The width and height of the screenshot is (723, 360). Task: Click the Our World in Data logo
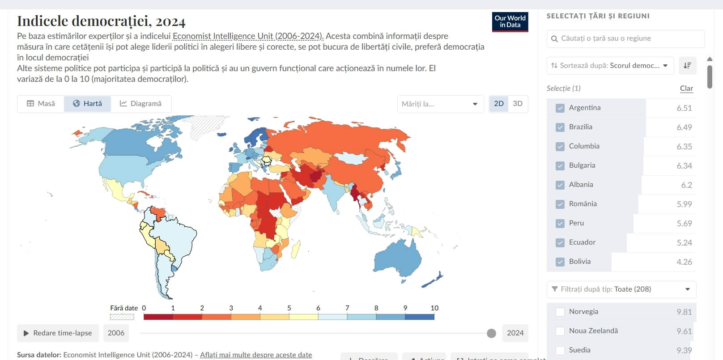[x=510, y=22]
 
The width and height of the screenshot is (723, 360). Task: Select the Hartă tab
[x=87, y=103]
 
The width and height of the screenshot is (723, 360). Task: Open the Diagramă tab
[x=140, y=103]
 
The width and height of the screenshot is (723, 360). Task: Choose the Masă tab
[x=41, y=103]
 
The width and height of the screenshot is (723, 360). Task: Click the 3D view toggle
[x=518, y=103]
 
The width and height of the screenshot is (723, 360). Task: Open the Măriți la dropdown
[x=440, y=104]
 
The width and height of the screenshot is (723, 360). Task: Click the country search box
[x=625, y=38]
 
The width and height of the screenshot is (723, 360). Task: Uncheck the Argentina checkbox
[x=560, y=108]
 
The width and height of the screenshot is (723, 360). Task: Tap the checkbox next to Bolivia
[x=560, y=262]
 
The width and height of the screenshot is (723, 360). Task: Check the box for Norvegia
[x=560, y=312]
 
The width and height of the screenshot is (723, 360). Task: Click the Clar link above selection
[x=686, y=89]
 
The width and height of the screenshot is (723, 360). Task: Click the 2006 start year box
[x=116, y=333]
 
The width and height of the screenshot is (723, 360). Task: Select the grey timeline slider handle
[x=491, y=333]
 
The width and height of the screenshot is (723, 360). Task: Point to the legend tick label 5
[x=289, y=308]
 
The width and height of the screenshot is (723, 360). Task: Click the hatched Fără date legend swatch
[x=122, y=317]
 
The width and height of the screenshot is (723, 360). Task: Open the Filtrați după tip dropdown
[x=621, y=289]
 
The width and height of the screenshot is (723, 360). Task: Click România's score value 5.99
[x=684, y=204]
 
